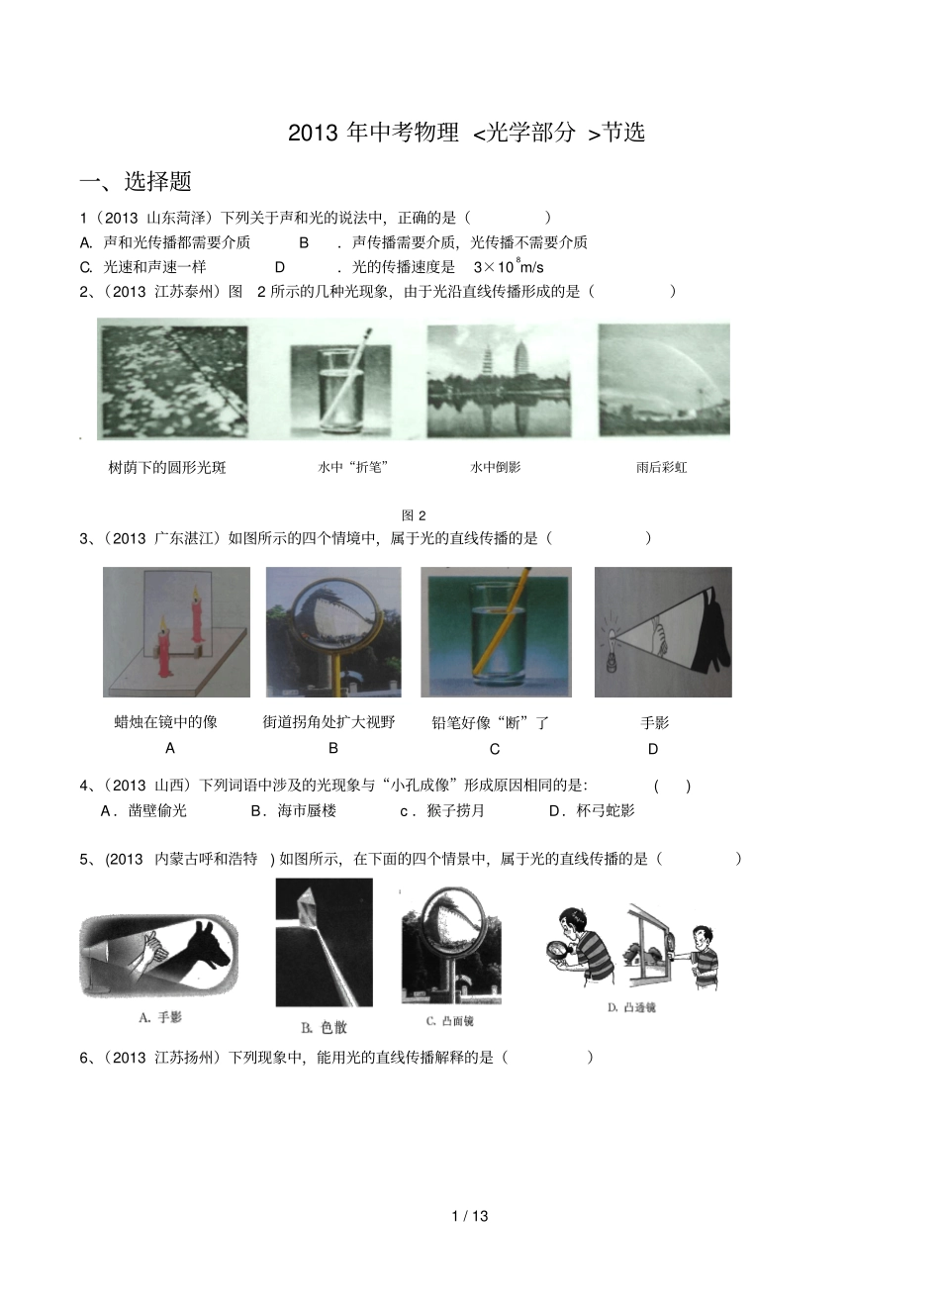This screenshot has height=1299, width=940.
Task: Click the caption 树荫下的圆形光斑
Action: coord(167,467)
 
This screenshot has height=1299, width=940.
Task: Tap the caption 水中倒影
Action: coord(495,467)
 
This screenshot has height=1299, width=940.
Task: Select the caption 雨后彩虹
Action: coord(661,467)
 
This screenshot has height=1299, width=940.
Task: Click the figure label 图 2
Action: coord(414,514)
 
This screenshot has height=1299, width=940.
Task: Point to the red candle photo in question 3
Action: coord(176,632)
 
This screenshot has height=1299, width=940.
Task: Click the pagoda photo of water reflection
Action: coord(501,381)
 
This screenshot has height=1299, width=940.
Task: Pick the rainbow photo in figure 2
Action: coord(663,379)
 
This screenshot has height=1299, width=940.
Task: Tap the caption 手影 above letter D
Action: coord(655,723)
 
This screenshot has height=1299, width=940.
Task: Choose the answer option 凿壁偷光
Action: coord(144,811)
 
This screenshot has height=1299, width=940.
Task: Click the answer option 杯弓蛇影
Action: coord(592,811)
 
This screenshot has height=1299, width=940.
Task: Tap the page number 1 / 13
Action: coord(470,1216)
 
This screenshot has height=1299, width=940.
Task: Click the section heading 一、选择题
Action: coord(136,182)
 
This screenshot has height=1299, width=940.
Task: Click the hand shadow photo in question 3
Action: coord(663,632)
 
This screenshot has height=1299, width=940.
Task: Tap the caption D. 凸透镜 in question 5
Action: coord(631,1007)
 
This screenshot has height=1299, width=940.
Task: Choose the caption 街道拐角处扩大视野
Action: coord(329,723)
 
